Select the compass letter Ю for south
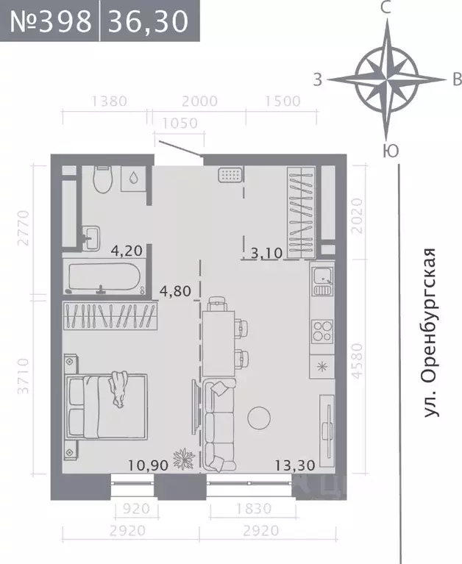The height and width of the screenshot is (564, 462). (x=391, y=151)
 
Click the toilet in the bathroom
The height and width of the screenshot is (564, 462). (x=102, y=179)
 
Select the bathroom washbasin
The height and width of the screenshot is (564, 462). (x=92, y=235)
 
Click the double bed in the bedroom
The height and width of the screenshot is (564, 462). (x=107, y=404)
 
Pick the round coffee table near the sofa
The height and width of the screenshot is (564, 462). (x=260, y=418)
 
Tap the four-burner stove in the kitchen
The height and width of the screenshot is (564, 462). (x=323, y=329)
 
